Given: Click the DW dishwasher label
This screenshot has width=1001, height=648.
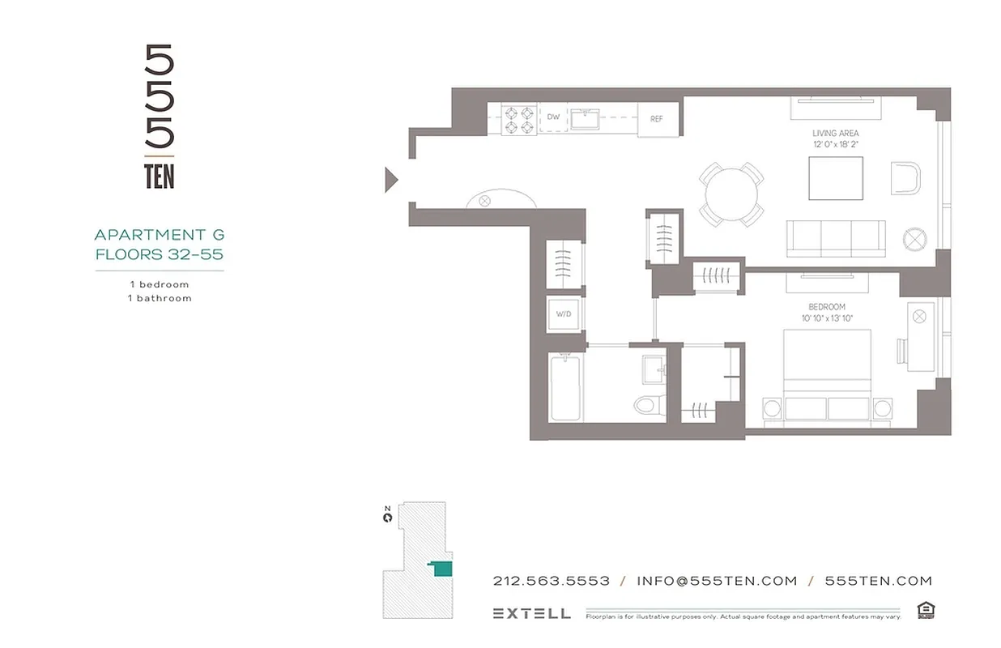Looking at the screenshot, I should pos(553,117).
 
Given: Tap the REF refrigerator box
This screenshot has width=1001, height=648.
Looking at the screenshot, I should pos(657,118).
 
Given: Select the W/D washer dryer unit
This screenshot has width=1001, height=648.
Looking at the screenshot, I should pos(564,314).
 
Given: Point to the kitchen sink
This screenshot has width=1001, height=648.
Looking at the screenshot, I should pos(584,119).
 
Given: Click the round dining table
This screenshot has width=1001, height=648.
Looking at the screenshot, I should pos(731,194).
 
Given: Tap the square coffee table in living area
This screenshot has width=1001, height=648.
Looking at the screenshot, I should pos(836,178).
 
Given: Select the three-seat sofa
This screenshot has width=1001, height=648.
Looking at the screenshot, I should pos(835,238).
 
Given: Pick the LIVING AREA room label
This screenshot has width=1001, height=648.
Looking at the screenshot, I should pos(835,133).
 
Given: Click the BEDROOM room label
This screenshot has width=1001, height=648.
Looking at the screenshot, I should pos(826,307).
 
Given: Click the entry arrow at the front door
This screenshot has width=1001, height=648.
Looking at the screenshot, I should pos(391,179).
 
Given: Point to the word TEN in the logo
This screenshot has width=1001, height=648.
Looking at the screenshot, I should pos(160,177).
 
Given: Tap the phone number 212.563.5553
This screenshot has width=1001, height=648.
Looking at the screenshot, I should pos(551,581).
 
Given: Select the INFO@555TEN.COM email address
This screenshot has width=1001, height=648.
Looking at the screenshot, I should pos(717,581).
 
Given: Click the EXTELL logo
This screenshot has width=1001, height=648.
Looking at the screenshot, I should pos(531,613).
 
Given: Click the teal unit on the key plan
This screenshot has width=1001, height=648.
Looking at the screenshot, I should pos(441,569).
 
